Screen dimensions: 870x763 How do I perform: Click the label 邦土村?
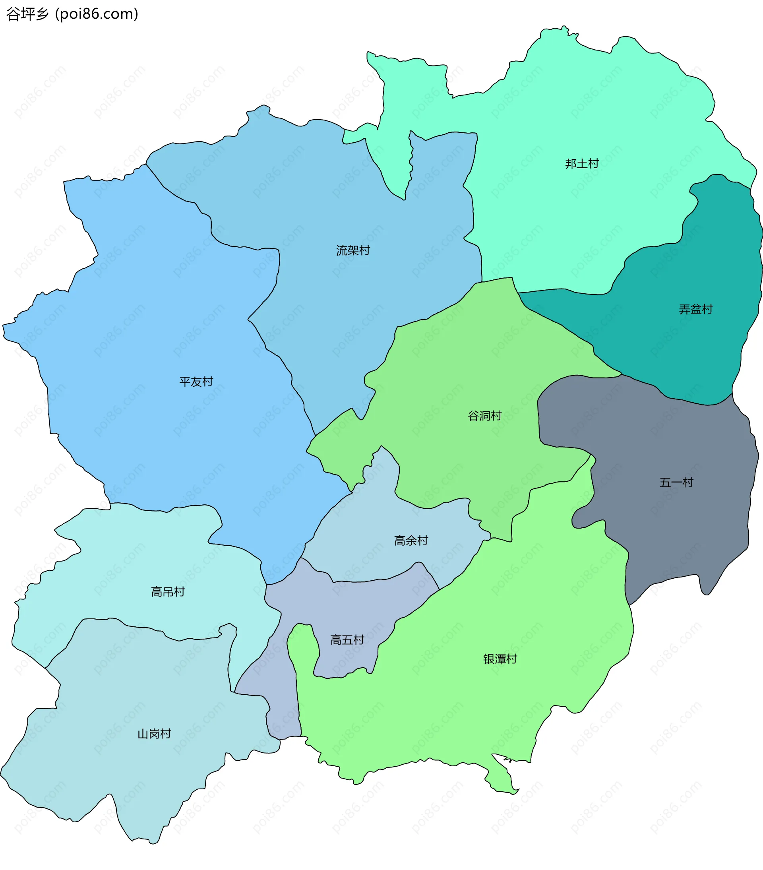click(582, 164)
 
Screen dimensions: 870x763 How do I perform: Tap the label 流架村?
click(353, 251)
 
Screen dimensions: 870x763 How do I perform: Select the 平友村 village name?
click(196, 382)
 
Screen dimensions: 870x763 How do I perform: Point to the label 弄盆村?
click(695, 310)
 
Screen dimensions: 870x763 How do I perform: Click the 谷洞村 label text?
click(485, 416)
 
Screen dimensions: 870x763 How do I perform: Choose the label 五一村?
click(676, 482)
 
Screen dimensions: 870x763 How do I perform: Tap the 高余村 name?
click(411, 541)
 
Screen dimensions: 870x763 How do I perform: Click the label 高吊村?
click(168, 592)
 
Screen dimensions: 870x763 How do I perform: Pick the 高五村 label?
click(347, 640)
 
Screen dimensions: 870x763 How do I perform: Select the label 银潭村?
click(500, 659)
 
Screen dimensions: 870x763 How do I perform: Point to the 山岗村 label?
click(154, 734)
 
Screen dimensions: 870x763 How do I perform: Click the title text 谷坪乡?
click(28, 14)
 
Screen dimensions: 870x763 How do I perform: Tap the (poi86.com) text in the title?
click(97, 14)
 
